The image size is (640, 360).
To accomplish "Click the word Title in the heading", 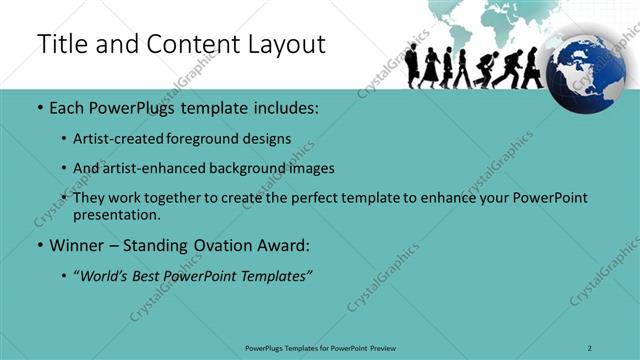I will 63,45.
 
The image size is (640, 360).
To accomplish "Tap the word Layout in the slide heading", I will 281,45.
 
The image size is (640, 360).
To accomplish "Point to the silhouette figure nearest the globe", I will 532,68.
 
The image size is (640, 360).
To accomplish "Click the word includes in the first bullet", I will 270,107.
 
